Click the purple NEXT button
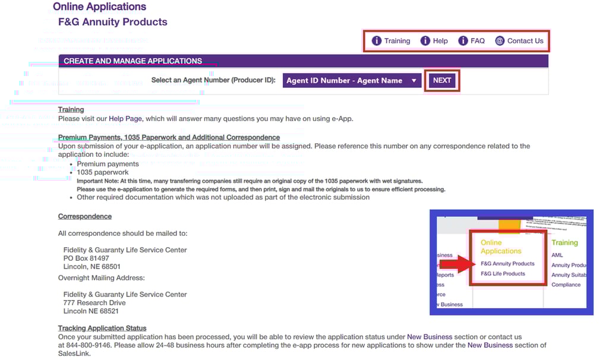(442, 81)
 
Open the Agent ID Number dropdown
(352, 81)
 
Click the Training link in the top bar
(397, 41)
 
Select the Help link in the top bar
(440, 41)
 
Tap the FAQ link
(477, 41)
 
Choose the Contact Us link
(525, 41)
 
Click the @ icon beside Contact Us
(500, 41)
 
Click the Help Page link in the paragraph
(125, 119)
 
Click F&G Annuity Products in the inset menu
(507, 264)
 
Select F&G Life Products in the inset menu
(503, 274)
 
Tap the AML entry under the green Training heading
(557, 255)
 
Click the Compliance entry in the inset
(566, 285)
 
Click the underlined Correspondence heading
(85, 216)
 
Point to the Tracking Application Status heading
(102, 328)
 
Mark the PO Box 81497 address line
(86, 258)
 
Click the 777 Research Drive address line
(95, 303)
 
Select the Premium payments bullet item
(108, 164)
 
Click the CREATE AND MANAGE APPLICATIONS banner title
(132, 61)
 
